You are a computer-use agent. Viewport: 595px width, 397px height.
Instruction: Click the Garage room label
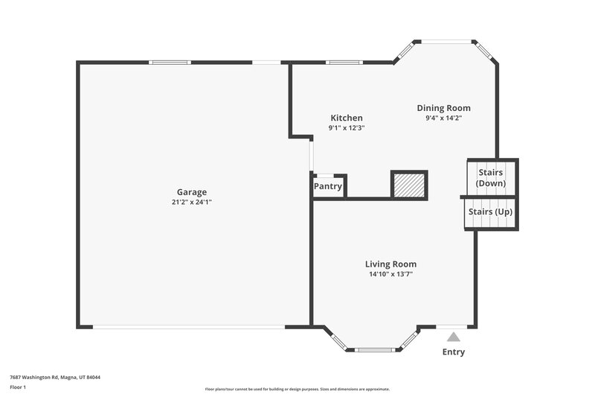coord(191,191)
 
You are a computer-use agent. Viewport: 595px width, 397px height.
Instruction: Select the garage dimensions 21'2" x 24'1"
coord(191,202)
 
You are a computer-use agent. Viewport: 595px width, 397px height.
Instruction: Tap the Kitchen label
coord(347,118)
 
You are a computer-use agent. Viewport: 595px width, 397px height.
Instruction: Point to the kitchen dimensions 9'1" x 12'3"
coord(347,128)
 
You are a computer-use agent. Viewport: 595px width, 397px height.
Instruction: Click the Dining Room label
coord(443,108)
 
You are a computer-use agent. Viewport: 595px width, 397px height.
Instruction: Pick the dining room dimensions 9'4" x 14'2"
coord(443,118)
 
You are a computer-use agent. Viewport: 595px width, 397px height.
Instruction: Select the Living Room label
coord(390,264)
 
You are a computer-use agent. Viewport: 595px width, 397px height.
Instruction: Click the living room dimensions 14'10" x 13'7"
coord(390,274)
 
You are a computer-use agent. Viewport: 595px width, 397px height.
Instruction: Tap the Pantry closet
coord(328,186)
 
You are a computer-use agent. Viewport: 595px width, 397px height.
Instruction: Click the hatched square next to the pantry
coord(409,185)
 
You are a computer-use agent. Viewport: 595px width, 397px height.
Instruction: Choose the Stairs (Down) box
coord(490,177)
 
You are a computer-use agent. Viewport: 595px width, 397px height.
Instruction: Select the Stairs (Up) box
coord(489,212)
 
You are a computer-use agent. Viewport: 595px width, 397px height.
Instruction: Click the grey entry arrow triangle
coord(453,337)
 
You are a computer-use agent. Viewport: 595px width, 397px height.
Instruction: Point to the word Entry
coord(453,352)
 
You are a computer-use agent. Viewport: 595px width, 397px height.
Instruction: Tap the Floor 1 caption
coord(18,387)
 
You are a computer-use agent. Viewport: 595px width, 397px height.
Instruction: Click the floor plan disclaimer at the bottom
coord(297,389)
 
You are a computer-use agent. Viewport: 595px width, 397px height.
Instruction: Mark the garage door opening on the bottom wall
coord(187,326)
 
